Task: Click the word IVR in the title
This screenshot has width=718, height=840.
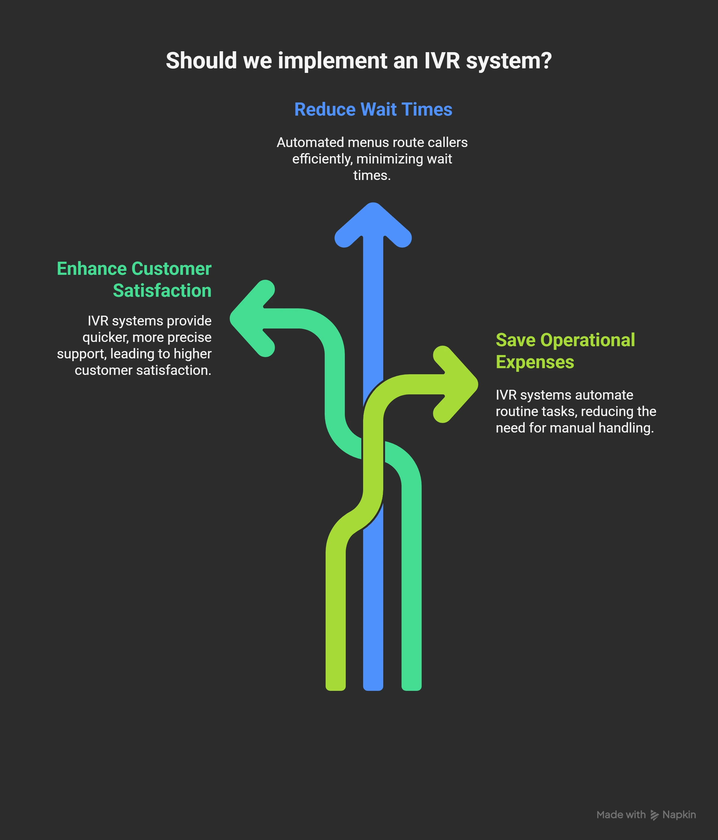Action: click(442, 61)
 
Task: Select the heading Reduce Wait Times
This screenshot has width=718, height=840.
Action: click(373, 109)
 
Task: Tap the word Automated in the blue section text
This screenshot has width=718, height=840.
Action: click(310, 143)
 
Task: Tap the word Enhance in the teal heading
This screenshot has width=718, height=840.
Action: click(92, 269)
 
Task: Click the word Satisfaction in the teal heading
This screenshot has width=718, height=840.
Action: click(162, 291)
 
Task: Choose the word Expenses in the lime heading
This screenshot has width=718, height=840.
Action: click(535, 362)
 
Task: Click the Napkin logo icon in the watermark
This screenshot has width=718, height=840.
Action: click(654, 815)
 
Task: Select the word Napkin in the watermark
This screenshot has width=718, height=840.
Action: click(679, 815)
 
